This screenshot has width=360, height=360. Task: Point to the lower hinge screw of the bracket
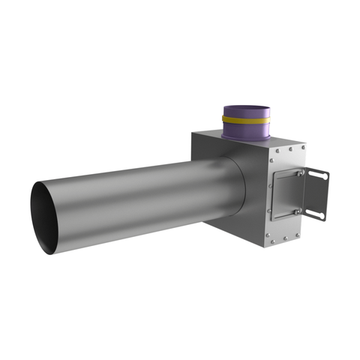point(297,211)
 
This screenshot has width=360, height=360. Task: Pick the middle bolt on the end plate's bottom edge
point(285,238)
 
